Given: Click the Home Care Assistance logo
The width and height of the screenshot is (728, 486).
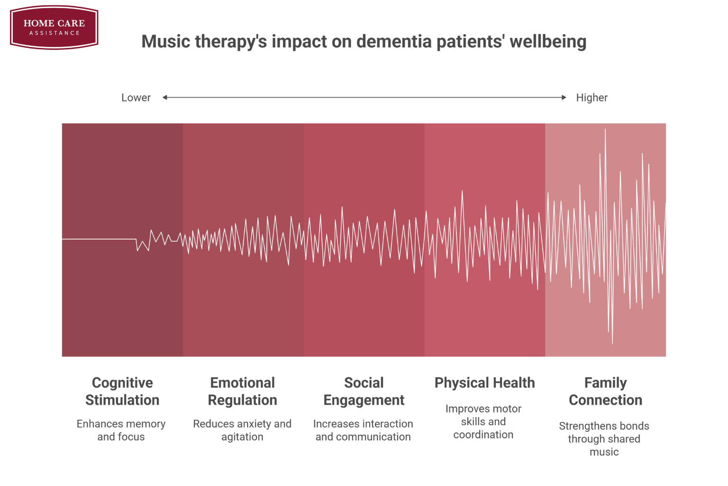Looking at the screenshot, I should click(54, 27).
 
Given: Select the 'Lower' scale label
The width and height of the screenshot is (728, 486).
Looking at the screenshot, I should click(136, 98).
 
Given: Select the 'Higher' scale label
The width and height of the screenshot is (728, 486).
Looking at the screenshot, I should click(591, 98).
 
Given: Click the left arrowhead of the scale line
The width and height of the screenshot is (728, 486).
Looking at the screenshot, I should click(165, 97).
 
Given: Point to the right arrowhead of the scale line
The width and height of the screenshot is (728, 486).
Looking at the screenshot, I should click(564, 97).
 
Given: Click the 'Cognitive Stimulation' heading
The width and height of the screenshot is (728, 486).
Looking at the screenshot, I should click(122, 392).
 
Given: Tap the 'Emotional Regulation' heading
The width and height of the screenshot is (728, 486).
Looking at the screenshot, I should click(242, 392).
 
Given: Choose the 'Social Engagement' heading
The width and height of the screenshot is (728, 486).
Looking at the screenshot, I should click(364, 392).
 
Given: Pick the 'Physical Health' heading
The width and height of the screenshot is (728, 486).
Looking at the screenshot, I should click(484, 383).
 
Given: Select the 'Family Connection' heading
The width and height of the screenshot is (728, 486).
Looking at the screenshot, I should click(605, 392).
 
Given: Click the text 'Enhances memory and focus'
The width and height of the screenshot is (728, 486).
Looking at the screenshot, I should click(121, 430).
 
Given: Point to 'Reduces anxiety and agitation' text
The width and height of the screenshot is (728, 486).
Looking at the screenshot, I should click(242, 430).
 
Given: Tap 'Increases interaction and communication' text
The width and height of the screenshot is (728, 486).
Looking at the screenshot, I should click(363, 430).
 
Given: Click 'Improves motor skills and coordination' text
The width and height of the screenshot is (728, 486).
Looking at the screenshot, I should click(483, 421).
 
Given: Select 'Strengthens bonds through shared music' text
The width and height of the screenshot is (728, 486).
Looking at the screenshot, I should click(604, 439).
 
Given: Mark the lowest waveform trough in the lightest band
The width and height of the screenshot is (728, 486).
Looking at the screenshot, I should click(612, 343).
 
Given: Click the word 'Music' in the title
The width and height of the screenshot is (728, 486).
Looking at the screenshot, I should click(165, 42).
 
